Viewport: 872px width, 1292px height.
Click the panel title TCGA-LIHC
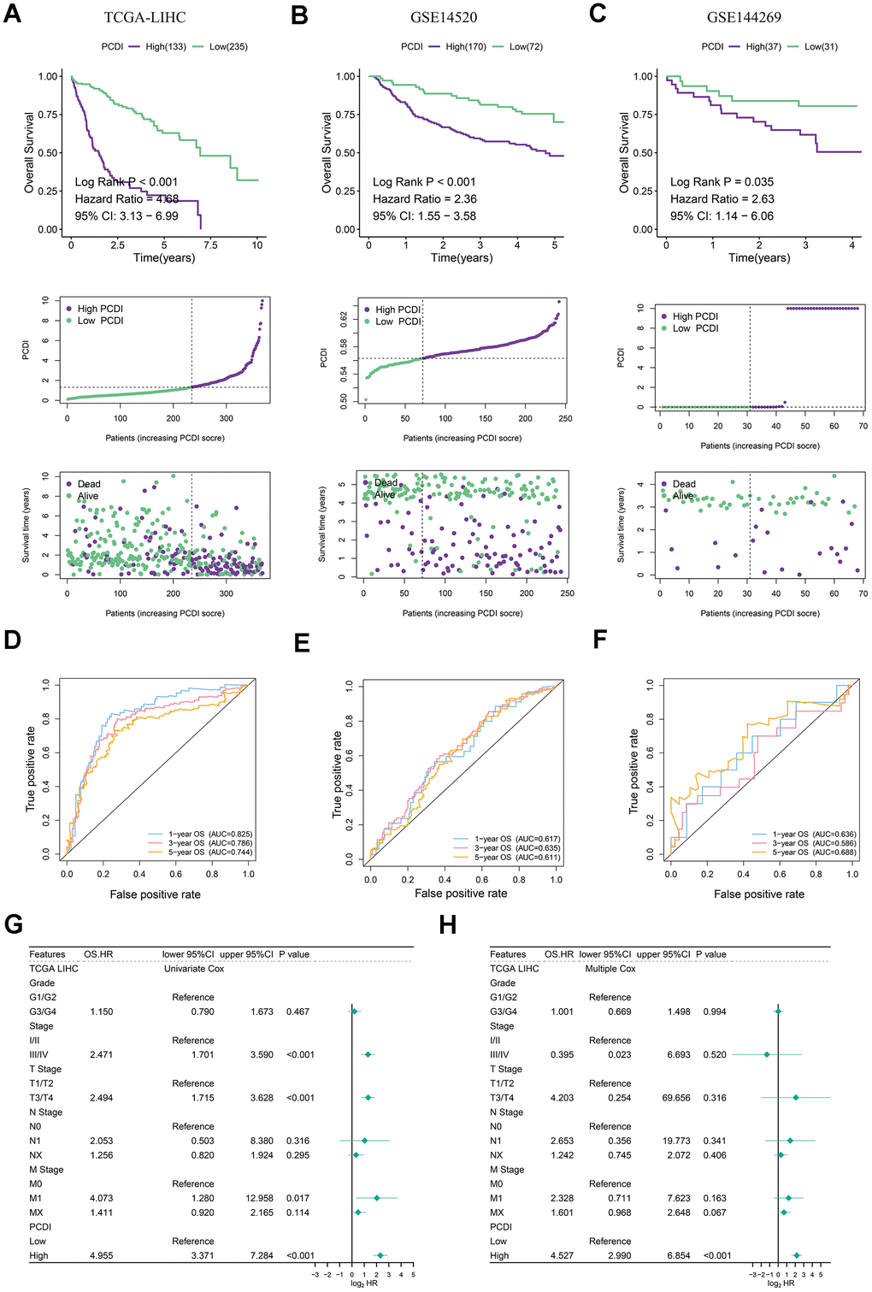(x=144, y=17)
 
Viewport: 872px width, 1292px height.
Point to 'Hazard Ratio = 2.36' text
(x=425, y=198)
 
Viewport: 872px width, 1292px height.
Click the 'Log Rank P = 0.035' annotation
(x=722, y=181)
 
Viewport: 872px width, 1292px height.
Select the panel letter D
(x=12, y=639)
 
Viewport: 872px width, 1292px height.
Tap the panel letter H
(x=447, y=925)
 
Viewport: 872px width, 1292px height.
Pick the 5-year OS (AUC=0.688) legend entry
(x=814, y=852)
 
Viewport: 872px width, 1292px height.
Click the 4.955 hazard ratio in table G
(x=101, y=1255)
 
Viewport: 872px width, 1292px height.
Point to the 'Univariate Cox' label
(x=194, y=969)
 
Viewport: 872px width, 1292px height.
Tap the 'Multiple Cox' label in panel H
(x=610, y=969)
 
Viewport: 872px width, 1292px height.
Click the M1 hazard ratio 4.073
(x=101, y=1198)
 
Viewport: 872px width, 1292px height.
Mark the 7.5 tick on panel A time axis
(x=210, y=245)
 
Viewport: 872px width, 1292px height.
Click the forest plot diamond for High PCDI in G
(x=380, y=1255)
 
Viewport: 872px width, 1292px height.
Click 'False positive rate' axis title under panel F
(x=759, y=894)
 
